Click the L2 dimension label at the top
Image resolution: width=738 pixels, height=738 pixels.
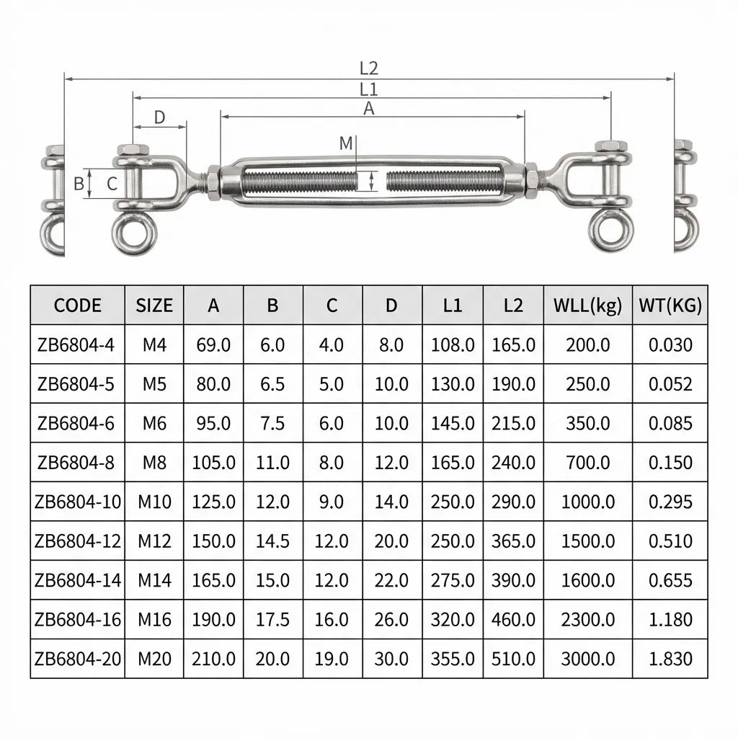pos(369,68)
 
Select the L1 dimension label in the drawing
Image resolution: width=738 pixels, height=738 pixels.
pos(369,89)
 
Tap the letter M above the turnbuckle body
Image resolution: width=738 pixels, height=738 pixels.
pos(347,143)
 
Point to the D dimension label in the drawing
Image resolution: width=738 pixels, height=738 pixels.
pos(160,117)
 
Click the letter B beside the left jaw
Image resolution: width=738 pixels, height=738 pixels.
pos(79,184)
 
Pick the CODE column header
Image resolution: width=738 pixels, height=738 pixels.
pos(78,305)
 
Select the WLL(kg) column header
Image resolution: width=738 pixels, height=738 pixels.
pos(588,305)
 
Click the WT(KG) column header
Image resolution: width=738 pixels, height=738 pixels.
pos(670,305)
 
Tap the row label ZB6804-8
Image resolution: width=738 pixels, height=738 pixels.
pos(75,463)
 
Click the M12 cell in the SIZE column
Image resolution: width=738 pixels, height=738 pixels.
pos(154,541)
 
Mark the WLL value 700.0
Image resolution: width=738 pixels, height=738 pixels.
pos(588,463)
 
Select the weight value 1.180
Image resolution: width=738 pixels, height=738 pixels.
pos(670,619)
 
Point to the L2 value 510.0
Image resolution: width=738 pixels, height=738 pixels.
pos(513,658)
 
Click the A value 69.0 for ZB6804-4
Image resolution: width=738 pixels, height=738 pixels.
pos(213,344)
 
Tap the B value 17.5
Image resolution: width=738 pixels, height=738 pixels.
pos(272,619)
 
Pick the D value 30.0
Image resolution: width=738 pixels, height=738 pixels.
pos(391,658)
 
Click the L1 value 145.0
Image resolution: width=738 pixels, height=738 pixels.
pos(453,423)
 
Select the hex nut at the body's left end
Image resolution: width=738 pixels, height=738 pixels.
pos(214,182)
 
